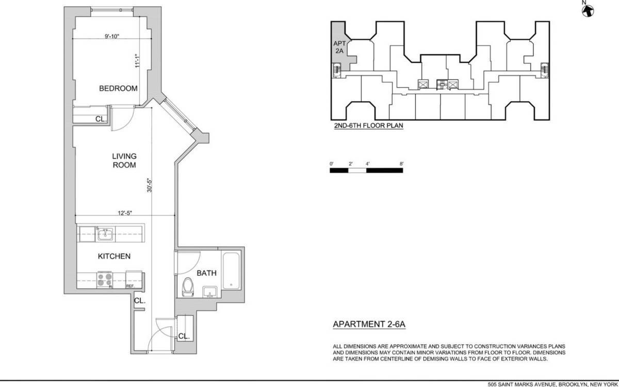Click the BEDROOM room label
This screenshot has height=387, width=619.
click(118, 88)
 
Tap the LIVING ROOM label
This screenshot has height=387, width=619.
click(124, 160)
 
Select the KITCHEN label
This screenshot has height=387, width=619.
click(114, 256)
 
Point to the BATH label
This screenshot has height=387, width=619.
click(206, 273)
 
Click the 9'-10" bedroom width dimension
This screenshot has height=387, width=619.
click(111, 36)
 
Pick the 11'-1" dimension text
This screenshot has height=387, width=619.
click(137, 61)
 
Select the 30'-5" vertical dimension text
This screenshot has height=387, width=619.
click(150, 185)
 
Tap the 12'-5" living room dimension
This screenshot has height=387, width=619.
click(125, 213)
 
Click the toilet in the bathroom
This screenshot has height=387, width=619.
click(188, 287)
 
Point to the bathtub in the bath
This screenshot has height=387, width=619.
click(231, 271)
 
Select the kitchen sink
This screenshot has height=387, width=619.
click(105, 234)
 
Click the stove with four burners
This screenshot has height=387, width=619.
click(105, 280)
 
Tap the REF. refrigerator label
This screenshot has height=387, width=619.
click(130, 286)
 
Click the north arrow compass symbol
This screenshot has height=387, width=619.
click(588, 11)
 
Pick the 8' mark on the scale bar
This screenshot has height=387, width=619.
click(401, 164)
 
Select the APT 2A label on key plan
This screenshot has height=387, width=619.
click(339, 47)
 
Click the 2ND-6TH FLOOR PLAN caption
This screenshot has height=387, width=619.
click(369, 126)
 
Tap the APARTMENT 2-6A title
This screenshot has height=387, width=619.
click(369, 324)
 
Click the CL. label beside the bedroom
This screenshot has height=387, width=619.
click(101, 119)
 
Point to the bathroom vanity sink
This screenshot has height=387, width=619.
click(210, 292)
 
